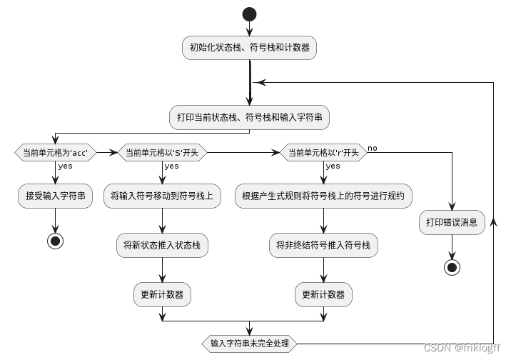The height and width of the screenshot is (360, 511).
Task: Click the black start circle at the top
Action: pos(249,14)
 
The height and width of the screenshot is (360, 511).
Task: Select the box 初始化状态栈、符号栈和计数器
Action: pos(249,49)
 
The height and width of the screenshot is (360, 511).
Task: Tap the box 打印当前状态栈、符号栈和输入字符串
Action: pos(249,117)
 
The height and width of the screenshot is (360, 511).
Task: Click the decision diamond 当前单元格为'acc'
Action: pos(55,152)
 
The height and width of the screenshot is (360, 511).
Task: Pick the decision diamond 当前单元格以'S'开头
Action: pos(162,152)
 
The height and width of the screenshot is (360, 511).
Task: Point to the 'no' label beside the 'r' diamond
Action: pos(373,148)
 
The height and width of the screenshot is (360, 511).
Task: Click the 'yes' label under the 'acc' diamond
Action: pos(65,166)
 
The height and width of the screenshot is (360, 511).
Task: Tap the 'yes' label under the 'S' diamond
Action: pos(172,166)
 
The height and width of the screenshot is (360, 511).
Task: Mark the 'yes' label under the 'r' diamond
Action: pos(333,166)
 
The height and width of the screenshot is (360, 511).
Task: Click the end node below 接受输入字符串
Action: pos(55,241)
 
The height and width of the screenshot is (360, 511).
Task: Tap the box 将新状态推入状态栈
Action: pos(162,245)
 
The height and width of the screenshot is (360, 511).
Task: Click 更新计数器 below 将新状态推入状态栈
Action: pos(162,294)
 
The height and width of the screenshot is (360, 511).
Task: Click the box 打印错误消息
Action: pos(452,222)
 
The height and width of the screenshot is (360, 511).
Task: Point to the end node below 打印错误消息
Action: pos(452,267)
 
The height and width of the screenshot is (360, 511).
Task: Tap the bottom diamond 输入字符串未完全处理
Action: pos(249,344)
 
